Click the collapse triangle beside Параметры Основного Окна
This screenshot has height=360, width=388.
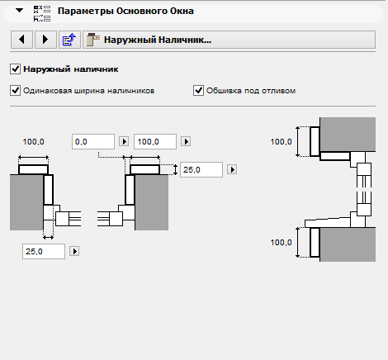coord(20,11)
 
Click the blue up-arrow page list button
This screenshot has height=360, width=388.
coord(69,40)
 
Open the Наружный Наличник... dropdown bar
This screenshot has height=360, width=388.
coord(229,40)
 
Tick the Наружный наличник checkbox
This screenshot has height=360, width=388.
coord(15,69)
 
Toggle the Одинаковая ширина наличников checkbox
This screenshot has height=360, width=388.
coord(15,91)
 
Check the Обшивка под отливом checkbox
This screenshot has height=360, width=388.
coord(198,91)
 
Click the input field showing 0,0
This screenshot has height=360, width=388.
coord(93,142)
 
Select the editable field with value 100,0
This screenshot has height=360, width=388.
coord(155,142)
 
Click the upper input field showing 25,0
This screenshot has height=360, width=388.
coord(201,169)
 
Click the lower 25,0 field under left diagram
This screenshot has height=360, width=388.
coord(44,251)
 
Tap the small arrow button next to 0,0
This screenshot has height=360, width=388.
coord(124,141)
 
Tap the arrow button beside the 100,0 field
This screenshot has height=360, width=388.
coord(186,141)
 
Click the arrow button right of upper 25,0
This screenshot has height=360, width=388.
coord(232,169)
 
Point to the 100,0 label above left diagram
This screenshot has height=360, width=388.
coord(33,142)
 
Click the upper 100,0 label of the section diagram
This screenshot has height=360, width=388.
coord(281,142)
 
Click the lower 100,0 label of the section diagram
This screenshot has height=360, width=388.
coord(281,243)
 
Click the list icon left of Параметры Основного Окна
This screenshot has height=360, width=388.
coord(42,14)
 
